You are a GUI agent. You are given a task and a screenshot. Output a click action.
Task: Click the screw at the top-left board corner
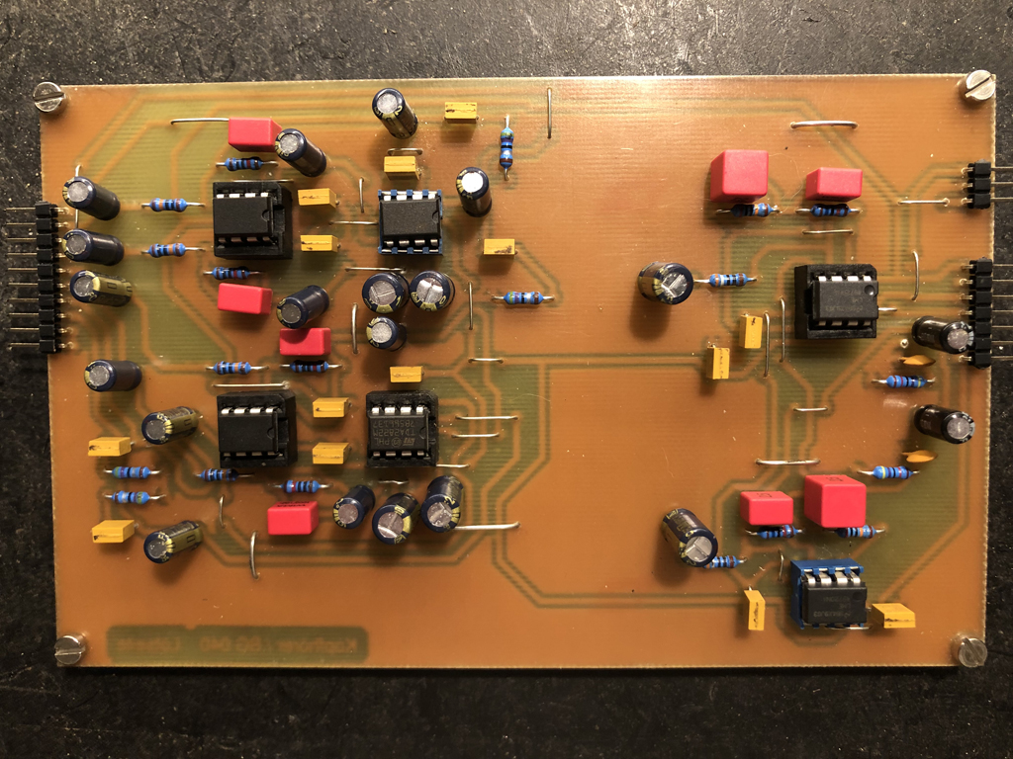[x=47, y=96]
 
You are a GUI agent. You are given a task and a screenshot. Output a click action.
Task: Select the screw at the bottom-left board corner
[x=69, y=648]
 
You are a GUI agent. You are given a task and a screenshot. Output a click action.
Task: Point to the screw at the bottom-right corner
[x=968, y=650]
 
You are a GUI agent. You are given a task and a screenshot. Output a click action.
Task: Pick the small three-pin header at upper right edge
[x=977, y=185]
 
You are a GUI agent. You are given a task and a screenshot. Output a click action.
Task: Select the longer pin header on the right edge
[x=980, y=312]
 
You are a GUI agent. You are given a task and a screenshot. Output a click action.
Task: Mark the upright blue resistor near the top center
[x=506, y=148]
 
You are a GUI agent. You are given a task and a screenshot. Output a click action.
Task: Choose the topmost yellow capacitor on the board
[x=460, y=111]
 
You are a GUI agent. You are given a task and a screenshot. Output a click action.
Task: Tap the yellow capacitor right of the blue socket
[x=892, y=616]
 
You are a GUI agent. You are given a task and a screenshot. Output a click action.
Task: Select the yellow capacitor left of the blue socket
[x=755, y=609]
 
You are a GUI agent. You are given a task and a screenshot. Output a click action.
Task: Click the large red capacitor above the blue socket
[x=834, y=500]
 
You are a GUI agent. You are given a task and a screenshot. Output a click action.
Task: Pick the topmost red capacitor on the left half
[x=253, y=133]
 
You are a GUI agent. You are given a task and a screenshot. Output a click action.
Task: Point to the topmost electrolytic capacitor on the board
[x=394, y=112]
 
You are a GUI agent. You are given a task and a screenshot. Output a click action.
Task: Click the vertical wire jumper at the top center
[x=549, y=113]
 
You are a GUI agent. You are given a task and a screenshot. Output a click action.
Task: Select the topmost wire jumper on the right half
[x=824, y=124]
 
